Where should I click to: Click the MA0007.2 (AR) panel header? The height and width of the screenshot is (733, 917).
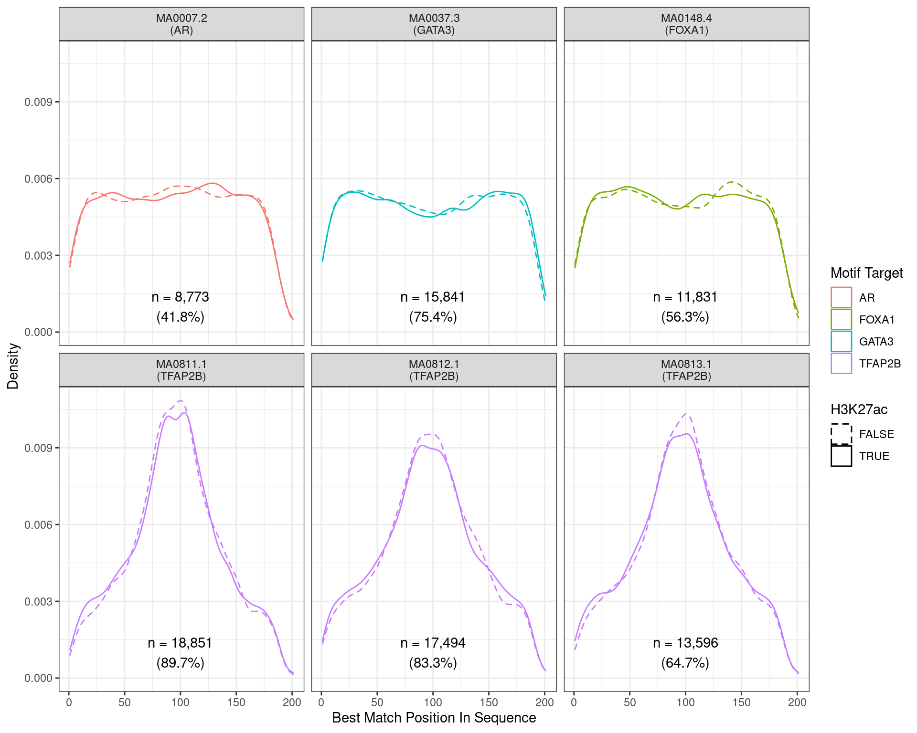(181, 24)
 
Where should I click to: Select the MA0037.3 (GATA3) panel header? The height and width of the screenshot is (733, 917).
(434, 24)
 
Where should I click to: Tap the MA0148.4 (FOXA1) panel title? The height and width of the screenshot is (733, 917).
(686, 24)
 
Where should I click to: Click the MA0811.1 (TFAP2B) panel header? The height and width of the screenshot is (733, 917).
(181, 370)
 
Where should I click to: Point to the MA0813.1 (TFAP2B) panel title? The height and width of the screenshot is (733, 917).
(686, 370)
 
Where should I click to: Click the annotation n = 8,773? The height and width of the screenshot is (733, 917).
(181, 297)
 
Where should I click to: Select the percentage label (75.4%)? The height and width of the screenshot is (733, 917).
(433, 317)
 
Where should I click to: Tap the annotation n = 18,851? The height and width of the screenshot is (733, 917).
(180, 643)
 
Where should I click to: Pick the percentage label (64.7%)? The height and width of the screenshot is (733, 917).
(685, 663)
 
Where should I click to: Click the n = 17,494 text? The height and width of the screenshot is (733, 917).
(433, 643)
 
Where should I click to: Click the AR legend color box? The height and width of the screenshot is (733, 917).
(841, 297)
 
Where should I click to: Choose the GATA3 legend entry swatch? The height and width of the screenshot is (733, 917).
(841, 341)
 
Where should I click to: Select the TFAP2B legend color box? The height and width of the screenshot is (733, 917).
(841, 363)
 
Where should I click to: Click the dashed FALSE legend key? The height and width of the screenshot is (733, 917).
(841, 434)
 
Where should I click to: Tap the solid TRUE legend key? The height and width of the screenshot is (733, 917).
(841, 456)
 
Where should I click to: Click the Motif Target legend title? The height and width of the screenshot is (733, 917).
(866, 273)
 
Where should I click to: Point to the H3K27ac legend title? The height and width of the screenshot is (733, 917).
(859, 409)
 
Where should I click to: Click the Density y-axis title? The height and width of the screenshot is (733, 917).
(13, 366)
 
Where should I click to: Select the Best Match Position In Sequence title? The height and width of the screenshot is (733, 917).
(434, 718)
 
